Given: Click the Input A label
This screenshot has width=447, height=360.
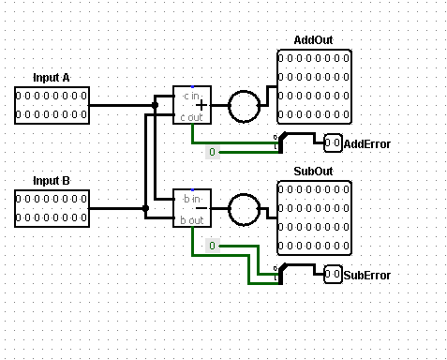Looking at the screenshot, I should [x=52, y=77].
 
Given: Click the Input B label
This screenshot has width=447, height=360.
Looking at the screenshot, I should [x=52, y=180].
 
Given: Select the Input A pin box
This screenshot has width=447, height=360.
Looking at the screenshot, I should [x=52, y=105].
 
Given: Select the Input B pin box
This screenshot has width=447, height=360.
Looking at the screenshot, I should [x=52, y=208].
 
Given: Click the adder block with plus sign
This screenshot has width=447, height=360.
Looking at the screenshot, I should [x=192, y=105].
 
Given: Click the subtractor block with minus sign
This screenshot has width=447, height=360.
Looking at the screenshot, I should [x=192, y=208].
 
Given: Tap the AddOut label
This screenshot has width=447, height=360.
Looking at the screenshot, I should [x=313, y=40].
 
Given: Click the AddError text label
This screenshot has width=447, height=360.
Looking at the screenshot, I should [x=367, y=143].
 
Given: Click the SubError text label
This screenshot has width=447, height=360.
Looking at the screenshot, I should [x=367, y=275].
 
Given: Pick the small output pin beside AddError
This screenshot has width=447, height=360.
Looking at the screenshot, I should [x=333, y=143].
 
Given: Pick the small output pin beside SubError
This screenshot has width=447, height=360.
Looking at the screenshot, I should [x=333, y=275].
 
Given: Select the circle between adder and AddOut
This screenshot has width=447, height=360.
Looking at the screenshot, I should [x=248, y=105].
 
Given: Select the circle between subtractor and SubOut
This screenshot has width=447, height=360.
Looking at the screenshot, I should [x=248, y=208].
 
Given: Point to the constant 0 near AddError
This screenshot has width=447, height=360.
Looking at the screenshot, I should [x=212, y=152].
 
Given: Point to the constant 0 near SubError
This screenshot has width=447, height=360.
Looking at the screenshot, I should [x=212, y=246].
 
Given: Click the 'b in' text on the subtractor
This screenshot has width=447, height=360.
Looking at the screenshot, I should [x=190, y=198].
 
